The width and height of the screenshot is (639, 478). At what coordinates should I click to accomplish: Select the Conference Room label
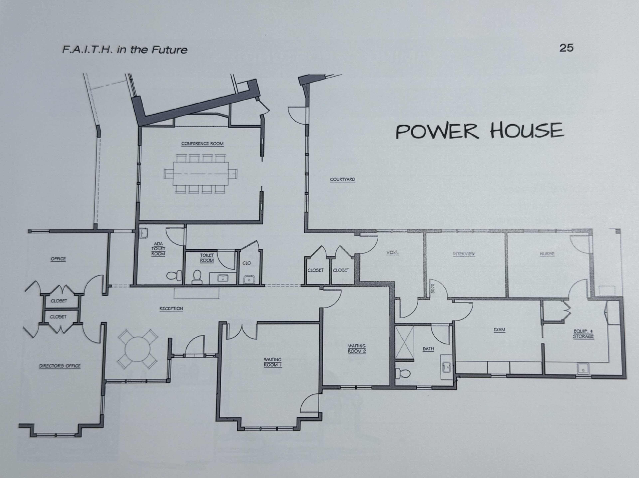[202, 144]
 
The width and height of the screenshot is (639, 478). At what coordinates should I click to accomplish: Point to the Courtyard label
[343, 179]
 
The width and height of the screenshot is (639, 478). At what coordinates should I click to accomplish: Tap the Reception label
[171, 309]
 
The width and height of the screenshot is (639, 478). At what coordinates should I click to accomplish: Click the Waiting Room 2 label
[357, 348]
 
